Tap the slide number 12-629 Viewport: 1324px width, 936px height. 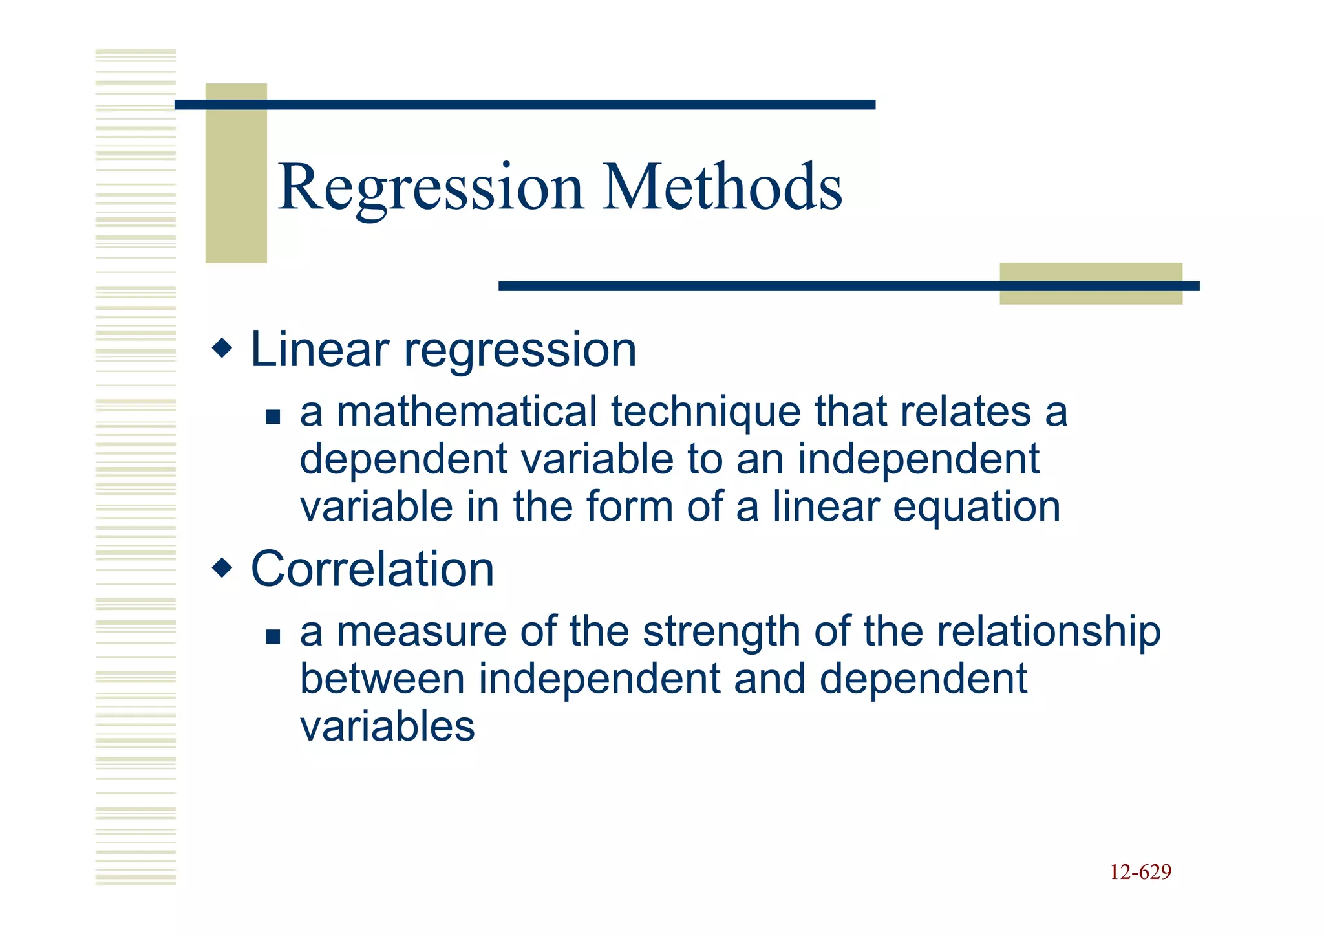(1140, 872)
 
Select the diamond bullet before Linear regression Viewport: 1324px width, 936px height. (222, 349)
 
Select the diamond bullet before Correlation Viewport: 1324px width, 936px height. (222, 569)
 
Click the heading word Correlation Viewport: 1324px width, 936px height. (372, 569)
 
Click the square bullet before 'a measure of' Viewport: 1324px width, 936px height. (273, 637)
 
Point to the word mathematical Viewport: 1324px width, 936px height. (467, 412)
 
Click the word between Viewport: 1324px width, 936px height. (382, 679)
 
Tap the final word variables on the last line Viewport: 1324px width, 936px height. (387, 726)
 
